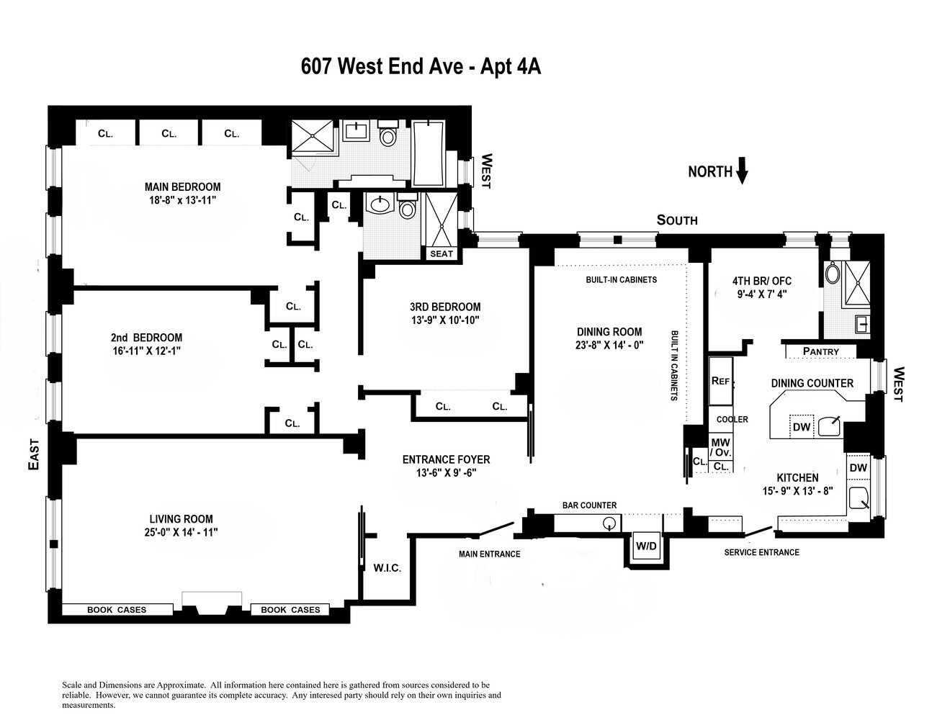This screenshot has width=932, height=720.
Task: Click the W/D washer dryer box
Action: point(646,546)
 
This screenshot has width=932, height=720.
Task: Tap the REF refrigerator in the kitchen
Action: point(720,380)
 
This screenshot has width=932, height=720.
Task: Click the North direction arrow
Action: point(743,171)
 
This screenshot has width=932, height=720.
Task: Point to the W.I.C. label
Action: point(387,568)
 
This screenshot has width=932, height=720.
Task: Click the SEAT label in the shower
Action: point(441,253)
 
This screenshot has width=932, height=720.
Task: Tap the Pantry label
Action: point(820,351)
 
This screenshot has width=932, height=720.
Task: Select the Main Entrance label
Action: point(489,554)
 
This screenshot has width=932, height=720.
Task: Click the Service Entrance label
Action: point(761,552)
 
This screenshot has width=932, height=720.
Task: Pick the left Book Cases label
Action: point(117,610)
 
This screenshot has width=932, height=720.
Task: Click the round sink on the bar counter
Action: point(609,523)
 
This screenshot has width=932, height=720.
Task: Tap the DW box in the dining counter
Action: point(801,427)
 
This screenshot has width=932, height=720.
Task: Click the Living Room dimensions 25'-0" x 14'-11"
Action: point(181,532)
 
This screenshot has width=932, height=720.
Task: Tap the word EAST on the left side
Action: point(33,455)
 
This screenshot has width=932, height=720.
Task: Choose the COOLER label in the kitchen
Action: point(732,419)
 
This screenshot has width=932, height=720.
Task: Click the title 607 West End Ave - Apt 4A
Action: point(420,67)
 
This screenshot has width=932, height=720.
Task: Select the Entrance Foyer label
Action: point(446,459)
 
